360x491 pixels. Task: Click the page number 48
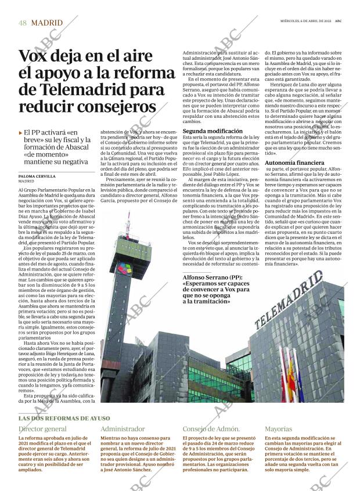tap(23, 23)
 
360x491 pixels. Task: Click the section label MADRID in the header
tap(46, 23)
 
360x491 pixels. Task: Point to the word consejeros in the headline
tap(119, 107)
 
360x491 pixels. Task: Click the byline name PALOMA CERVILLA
tap(37, 176)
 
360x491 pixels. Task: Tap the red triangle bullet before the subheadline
tap(20, 133)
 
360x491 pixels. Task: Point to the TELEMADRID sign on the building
tap(288, 300)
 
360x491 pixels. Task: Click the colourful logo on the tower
tap(125, 269)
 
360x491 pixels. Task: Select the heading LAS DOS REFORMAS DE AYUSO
tap(63, 418)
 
